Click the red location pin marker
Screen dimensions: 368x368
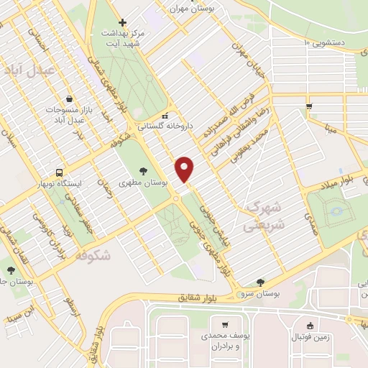(x=185, y=168)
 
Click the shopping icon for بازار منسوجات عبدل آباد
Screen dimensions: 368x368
(x=68, y=98)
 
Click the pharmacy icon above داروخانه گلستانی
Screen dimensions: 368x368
(x=165, y=115)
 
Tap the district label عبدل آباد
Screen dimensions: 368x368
(x=25, y=70)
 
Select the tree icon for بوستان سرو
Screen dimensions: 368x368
(x=260, y=282)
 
